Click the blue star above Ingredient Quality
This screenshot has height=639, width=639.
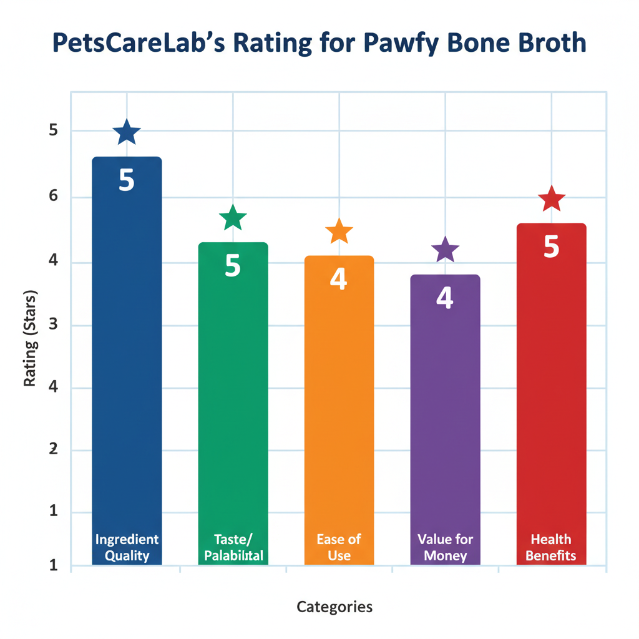[x=127, y=132]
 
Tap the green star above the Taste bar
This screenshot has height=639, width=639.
[x=233, y=218]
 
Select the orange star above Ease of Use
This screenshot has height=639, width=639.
[x=339, y=232]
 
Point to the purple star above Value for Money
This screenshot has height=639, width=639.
[x=445, y=250]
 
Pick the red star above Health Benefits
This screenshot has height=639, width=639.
[x=552, y=199]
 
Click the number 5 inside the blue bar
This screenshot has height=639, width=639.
[x=127, y=180]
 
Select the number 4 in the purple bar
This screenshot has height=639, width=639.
[x=444, y=298]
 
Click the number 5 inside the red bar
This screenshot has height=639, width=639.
[x=551, y=247]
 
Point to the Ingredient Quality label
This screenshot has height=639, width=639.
[x=127, y=547]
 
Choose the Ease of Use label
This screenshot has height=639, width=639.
[x=339, y=547]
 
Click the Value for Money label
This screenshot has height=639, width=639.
[x=445, y=547]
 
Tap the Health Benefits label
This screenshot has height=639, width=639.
[x=551, y=547]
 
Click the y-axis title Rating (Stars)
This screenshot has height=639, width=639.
[x=30, y=337]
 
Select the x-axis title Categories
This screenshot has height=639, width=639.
[x=334, y=607]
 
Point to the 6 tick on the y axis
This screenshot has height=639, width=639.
[x=53, y=197]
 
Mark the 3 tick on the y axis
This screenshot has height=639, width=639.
[x=53, y=325]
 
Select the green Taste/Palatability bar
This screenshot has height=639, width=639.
[x=233, y=399]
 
